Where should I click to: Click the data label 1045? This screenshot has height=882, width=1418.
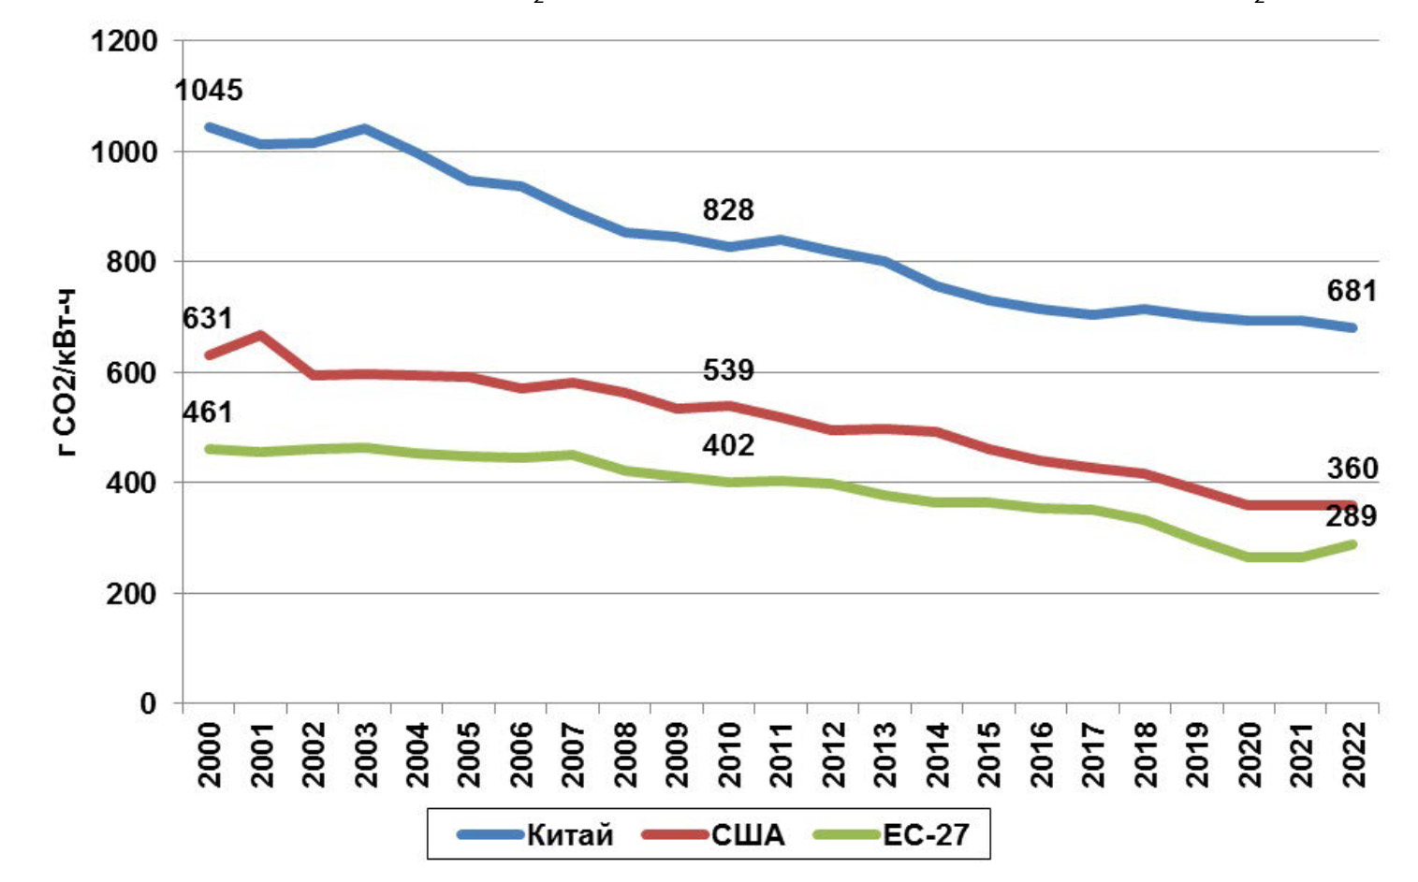point(209,91)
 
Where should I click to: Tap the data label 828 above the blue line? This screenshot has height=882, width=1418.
point(728,210)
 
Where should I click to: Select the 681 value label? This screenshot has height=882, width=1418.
point(1352,292)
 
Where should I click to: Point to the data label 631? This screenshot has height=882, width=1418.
point(207,319)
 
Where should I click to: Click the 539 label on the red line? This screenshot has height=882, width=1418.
point(728,370)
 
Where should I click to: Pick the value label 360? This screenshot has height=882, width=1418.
point(1352,469)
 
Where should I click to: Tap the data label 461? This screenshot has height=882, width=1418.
point(207,412)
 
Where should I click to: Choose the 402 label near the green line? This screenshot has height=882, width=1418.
point(728,445)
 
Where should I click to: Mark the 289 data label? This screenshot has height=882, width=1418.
point(1351,516)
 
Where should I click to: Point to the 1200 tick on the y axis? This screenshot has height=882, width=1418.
point(124,41)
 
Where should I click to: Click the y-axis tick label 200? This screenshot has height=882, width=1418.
point(132,594)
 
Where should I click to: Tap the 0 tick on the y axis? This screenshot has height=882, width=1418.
point(148,703)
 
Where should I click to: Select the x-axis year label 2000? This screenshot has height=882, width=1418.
point(210,754)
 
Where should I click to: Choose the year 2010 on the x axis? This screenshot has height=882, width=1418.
point(729,754)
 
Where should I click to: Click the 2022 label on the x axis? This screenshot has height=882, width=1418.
point(1352,754)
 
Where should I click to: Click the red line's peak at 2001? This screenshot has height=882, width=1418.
point(260,335)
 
